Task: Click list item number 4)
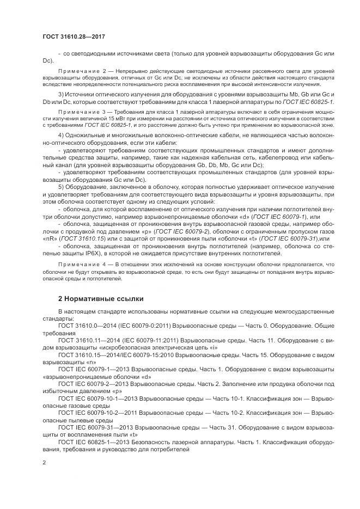tap(61, 134)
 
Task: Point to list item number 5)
tap(61, 186)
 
